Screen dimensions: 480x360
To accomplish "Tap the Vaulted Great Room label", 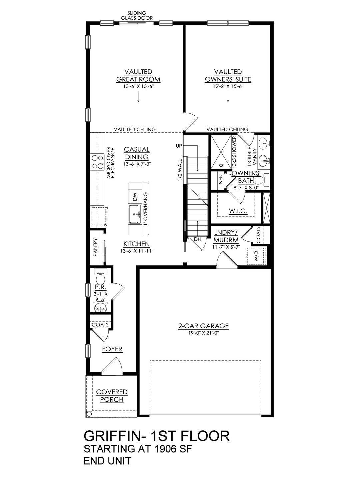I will pos(138,76).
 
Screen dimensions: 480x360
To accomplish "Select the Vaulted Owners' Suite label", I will pos(228,76).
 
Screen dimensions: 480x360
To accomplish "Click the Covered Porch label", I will pos(112,396).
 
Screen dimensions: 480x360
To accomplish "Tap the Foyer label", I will pos(112,349).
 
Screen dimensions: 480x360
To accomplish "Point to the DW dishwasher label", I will pos(135,197).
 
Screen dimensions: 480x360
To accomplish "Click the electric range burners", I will pos(97,162).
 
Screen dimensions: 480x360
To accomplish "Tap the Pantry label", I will pos(95,247).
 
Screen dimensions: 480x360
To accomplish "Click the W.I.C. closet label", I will pos(238,211).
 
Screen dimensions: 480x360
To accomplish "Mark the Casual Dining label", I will pos(137,153).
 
